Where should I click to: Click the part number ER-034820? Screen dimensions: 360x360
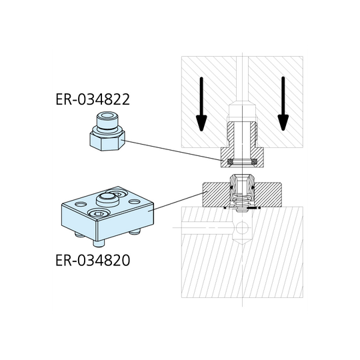click(x=93, y=259)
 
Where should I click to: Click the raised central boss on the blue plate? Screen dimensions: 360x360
click(x=107, y=198)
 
